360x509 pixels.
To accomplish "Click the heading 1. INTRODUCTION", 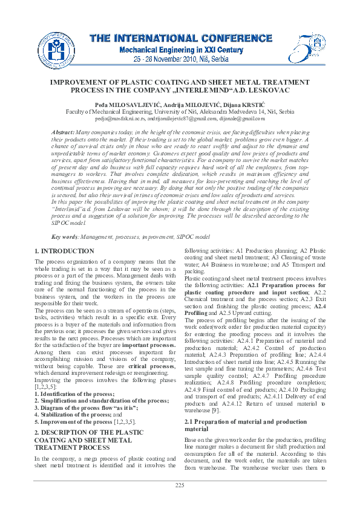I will [64, 251].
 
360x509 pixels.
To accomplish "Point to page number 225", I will [180, 485].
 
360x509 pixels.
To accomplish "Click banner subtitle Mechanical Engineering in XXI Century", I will [180, 50].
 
